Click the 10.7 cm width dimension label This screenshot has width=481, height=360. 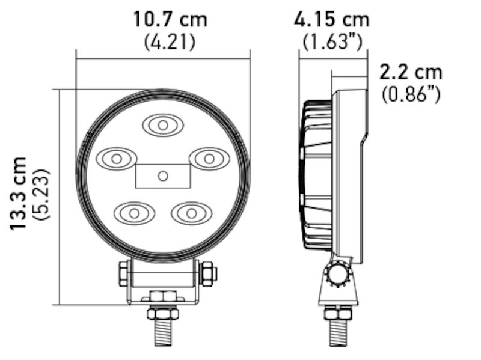coord(170,19)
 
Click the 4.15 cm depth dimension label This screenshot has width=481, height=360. coord(331,19)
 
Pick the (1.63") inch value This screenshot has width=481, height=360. coord(332,42)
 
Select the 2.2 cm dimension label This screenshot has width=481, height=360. coord(411,72)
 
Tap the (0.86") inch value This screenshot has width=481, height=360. coord(411,94)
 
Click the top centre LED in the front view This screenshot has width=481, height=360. coord(162,124)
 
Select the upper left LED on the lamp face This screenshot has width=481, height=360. coord(115,159)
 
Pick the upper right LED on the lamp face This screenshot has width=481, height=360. coord(208,158)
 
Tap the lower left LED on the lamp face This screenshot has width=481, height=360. coord(134,212)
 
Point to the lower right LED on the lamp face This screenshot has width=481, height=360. coord(191,212)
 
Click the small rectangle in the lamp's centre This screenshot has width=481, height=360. coord(162,175)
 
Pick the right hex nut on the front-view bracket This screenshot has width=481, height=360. coord(207,273)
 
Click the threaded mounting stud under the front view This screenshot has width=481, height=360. coord(162,329)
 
